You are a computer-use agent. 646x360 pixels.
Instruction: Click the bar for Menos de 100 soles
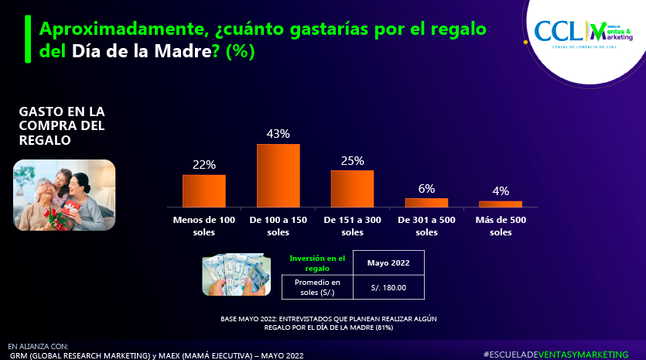point(204,190)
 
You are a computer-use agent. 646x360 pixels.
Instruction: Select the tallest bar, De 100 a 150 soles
point(278,176)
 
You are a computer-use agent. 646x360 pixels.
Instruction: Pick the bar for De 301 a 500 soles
point(426,202)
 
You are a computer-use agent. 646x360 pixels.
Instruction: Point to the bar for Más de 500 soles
point(501,204)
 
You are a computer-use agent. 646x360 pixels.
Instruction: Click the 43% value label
point(278,134)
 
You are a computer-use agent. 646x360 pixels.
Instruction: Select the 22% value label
point(204,164)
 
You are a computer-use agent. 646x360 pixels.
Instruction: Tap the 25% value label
point(352,160)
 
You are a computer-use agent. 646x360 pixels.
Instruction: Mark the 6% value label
point(426,188)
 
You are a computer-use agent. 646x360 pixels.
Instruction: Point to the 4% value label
point(501,191)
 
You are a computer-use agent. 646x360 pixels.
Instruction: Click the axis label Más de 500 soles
point(501,226)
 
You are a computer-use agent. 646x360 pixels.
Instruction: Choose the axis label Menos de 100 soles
point(204,226)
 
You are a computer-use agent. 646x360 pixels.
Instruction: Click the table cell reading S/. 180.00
point(388,287)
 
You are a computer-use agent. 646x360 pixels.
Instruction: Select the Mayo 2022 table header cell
point(388,262)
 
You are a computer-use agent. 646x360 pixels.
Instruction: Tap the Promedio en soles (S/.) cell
point(317,287)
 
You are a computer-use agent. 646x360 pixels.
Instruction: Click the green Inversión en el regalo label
point(316,262)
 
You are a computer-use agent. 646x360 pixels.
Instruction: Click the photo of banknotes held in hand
point(236,273)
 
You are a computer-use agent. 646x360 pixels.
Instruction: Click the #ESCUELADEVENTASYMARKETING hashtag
point(555,353)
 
